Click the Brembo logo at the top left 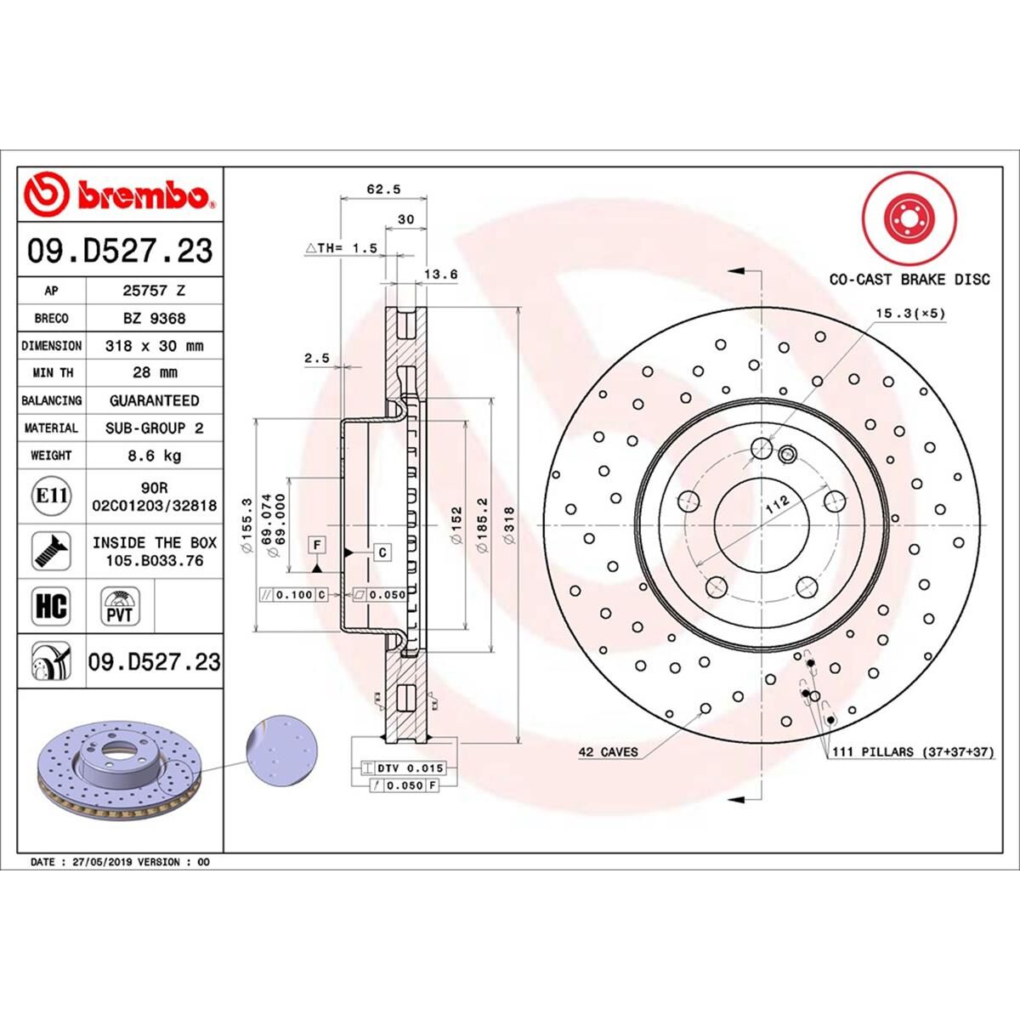coord(119,194)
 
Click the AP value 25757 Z coord(154,290)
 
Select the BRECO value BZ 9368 coord(154,318)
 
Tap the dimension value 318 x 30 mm coord(154,346)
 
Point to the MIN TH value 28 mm coord(154,372)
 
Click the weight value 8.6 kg coord(154,456)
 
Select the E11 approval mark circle coord(51,494)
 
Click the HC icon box coord(51,606)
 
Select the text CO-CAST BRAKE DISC coord(909,279)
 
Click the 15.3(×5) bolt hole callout coord(910,314)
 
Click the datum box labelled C coord(382,552)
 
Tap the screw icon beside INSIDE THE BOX coord(51,551)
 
